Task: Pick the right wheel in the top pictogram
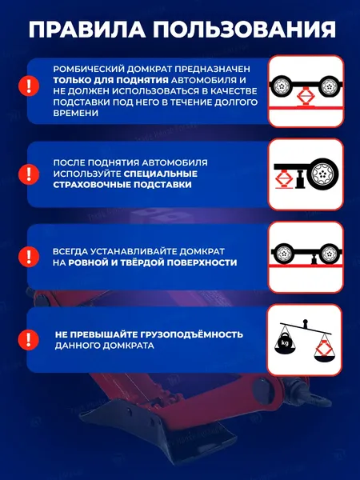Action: tap(330, 83)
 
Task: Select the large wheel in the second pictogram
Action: tap(322, 174)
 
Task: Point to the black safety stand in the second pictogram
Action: tap(302, 177)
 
